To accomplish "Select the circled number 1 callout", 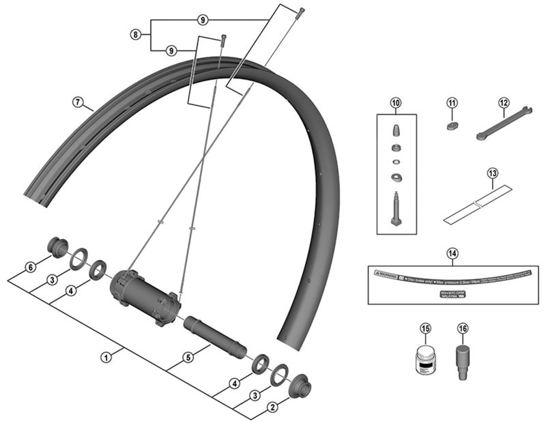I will click(x=106, y=356).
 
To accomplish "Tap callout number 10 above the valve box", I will click(x=394, y=104).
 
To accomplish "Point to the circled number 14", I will click(x=452, y=253).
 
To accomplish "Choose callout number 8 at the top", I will click(x=136, y=33).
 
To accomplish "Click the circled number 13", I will click(x=493, y=173).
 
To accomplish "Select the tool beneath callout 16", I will click(x=462, y=359).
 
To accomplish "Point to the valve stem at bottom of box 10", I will click(x=395, y=207).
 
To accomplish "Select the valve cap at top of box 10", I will click(x=395, y=130).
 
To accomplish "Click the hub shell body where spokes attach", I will click(x=143, y=293).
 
